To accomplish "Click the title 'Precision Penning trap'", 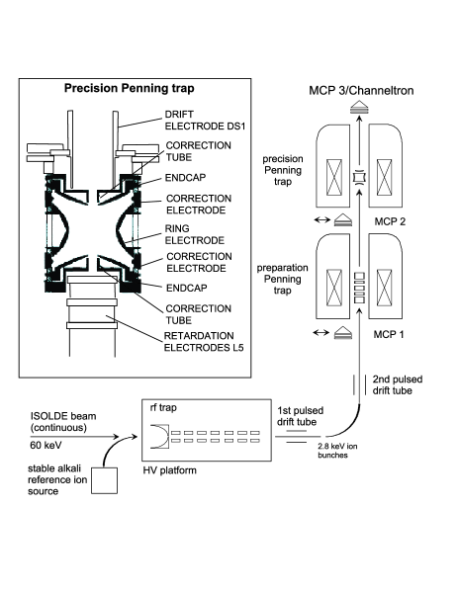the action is click(x=130, y=88).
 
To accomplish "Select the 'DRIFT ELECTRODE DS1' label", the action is click(x=205, y=120).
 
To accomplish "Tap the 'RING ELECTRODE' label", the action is click(x=195, y=234).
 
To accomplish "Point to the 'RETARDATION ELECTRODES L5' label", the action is click(x=204, y=342).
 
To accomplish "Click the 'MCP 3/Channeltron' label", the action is click(x=361, y=91).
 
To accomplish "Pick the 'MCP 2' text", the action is click(x=390, y=221).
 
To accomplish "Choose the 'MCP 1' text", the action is click(x=389, y=334).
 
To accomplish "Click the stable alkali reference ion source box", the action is click(x=104, y=480).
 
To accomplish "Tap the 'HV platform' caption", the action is click(x=170, y=470).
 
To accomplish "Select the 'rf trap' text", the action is click(x=163, y=408).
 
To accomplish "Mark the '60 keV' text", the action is click(x=46, y=445).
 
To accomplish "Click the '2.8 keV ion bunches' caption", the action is click(x=337, y=451).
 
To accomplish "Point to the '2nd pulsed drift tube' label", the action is click(x=398, y=384).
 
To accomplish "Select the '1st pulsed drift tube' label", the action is click(x=301, y=416).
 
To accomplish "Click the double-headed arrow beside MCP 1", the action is click(x=321, y=333).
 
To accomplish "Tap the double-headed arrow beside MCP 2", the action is click(x=321, y=219).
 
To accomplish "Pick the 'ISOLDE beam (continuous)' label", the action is click(x=63, y=422).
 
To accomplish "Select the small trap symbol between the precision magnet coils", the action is click(x=359, y=177).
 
